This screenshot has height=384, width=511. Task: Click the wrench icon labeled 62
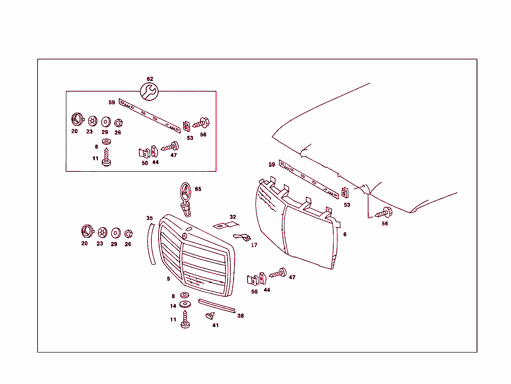click(x=150, y=92)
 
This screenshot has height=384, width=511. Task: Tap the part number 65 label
click(x=198, y=189)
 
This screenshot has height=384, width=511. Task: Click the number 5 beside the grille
click(x=169, y=279)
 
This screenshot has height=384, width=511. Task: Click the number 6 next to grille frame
click(x=344, y=234)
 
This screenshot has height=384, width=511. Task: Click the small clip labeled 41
click(x=211, y=315)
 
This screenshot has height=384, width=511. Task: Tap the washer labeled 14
click(x=186, y=304)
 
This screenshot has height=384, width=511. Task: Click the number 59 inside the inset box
click(x=112, y=102)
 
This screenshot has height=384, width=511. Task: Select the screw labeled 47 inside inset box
click(x=171, y=147)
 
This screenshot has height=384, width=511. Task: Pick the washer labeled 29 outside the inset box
click(x=115, y=233)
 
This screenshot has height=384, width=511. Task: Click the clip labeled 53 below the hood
click(x=345, y=193)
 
